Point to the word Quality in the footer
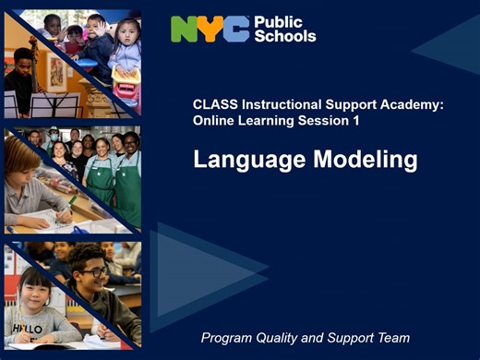[x=289, y=338]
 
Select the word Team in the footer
[x=392, y=338]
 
